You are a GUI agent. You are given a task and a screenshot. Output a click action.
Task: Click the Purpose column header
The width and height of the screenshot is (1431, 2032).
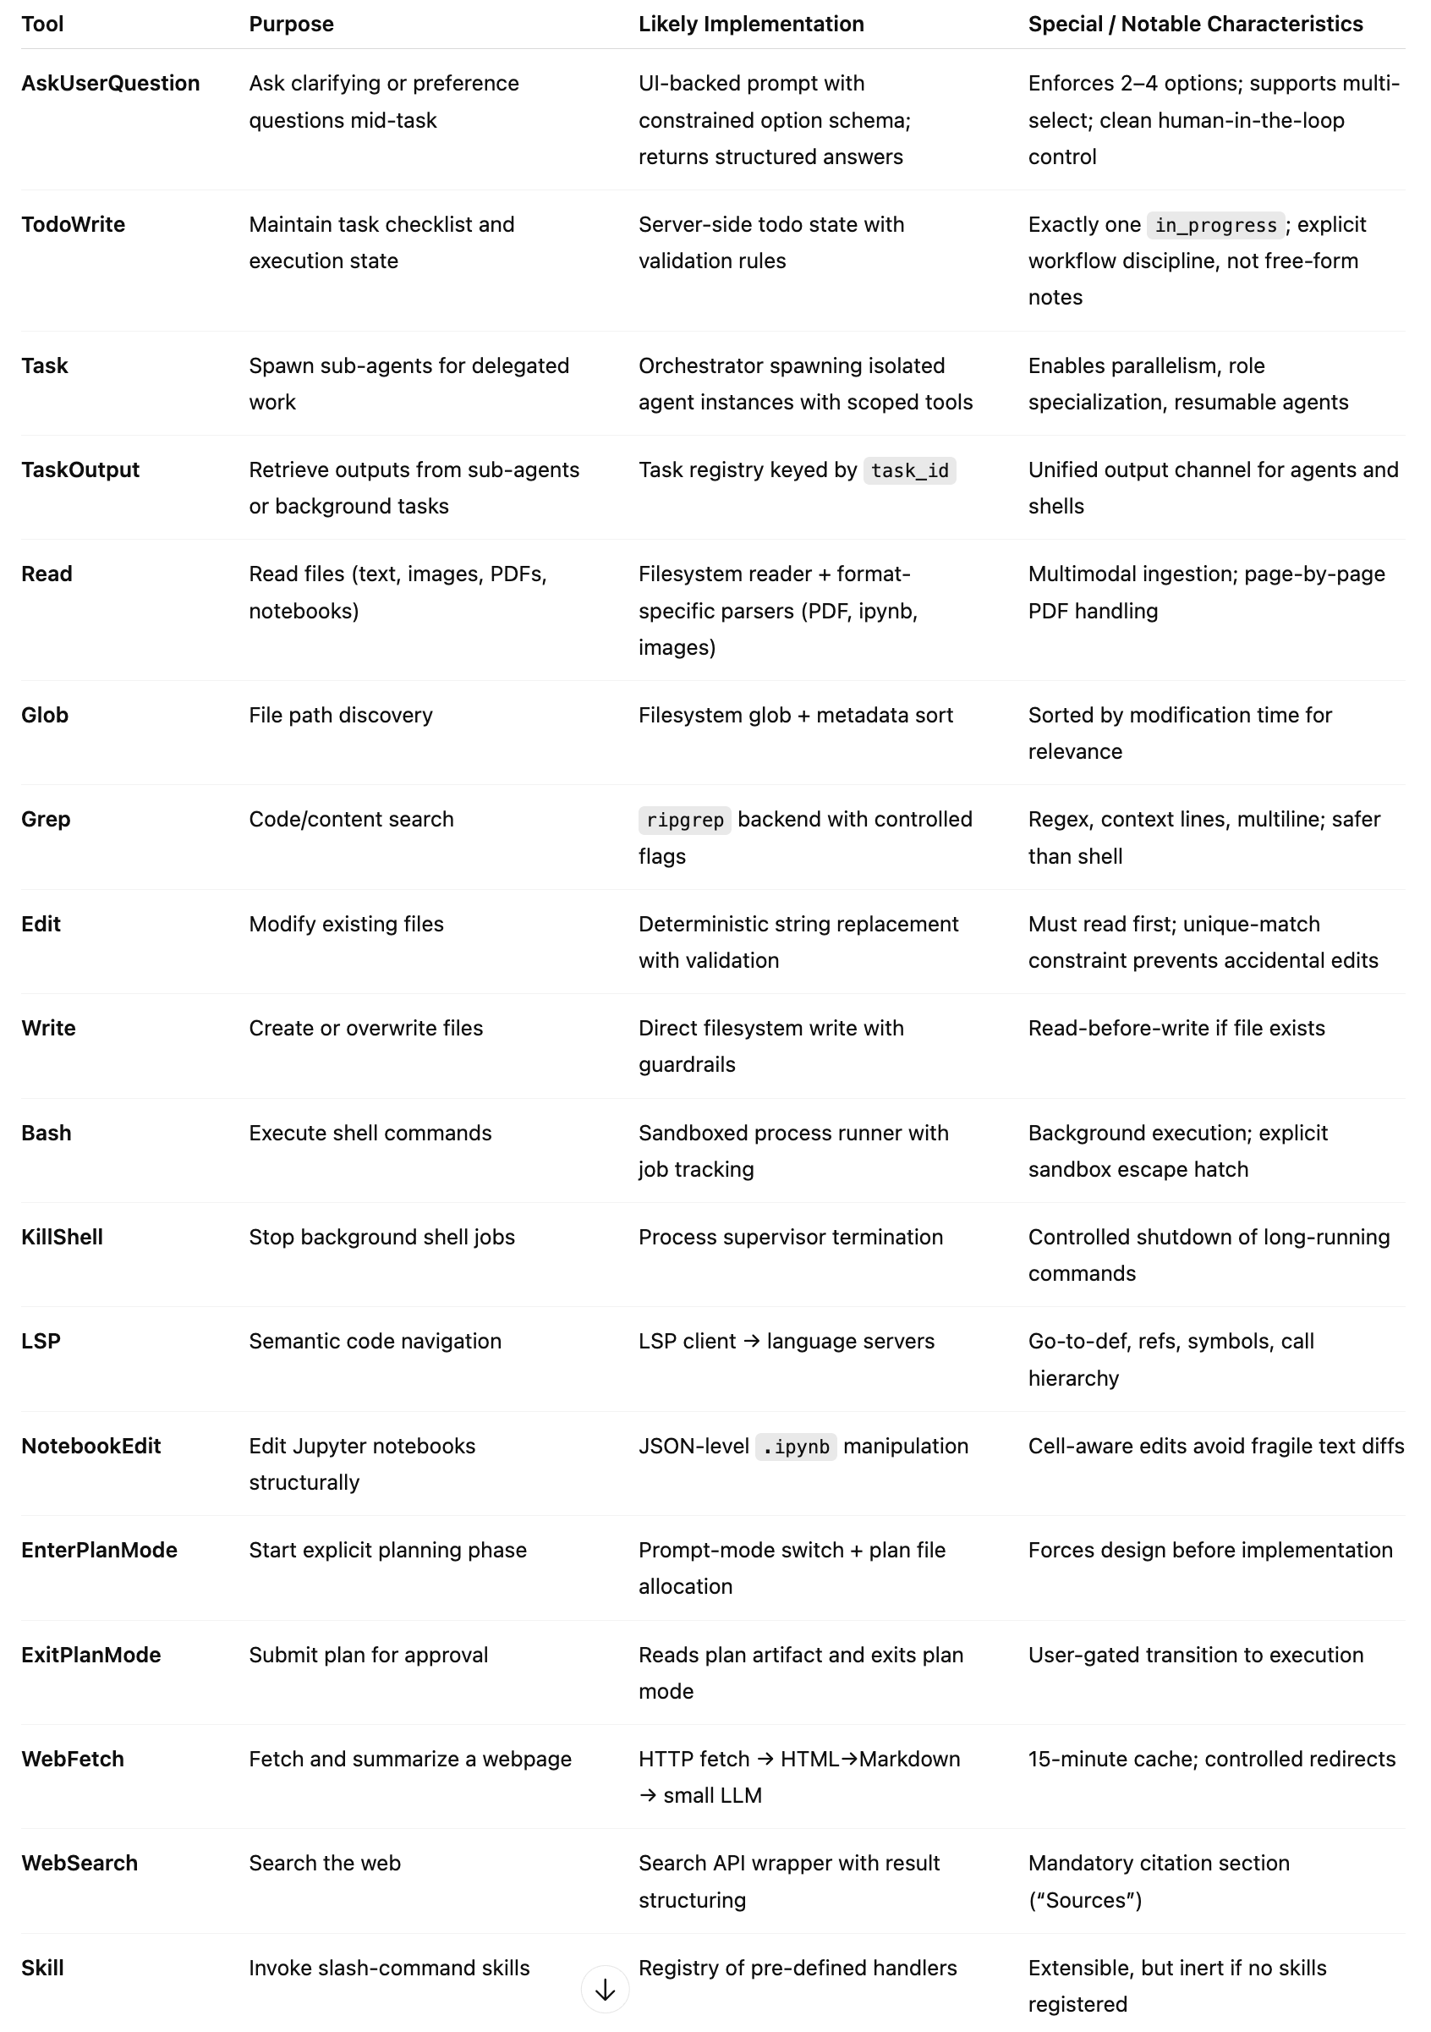(x=291, y=24)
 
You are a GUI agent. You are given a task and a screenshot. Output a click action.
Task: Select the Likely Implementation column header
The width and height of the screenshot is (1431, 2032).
(x=750, y=24)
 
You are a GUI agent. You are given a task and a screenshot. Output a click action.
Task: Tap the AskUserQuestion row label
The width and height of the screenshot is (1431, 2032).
(x=111, y=83)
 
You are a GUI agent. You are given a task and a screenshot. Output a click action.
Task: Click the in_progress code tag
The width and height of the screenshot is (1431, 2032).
(x=1215, y=225)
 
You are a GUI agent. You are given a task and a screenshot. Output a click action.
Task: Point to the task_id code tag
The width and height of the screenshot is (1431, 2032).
(x=909, y=470)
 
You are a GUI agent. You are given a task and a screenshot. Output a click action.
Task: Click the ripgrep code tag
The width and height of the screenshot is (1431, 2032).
(x=684, y=820)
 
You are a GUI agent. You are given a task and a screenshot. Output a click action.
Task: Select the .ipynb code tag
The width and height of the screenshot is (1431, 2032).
(x=795, y=1446)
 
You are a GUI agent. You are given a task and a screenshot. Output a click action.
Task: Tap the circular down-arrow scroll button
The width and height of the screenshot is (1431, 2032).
(x=606, y=1991)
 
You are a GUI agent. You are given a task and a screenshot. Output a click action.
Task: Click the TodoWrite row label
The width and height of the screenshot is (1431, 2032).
(x=74, y=225)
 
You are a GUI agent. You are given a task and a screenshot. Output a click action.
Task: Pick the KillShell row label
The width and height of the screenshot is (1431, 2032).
(x=62, y=1238)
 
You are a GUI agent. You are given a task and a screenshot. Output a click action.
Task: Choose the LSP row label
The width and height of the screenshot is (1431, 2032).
(x=41, y=1341)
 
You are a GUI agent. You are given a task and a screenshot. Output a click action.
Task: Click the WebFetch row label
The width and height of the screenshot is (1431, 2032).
(x=73, y=1759)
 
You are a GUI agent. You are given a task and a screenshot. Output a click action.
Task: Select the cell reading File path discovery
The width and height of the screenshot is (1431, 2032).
(x=341, y=715)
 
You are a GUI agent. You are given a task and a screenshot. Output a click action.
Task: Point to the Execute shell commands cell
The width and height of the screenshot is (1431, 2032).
(x=370, y=1133)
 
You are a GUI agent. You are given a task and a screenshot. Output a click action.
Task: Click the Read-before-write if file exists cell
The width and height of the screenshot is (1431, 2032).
(x=1176, y=1029)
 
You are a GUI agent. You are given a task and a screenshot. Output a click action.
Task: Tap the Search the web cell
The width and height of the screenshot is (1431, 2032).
(x=325, y=1863)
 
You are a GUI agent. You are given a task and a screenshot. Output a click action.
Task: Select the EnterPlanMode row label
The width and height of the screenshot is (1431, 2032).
(x=99, y=1550)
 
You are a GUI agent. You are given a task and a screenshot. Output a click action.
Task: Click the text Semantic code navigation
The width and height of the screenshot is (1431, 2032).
(x=376, y=1341)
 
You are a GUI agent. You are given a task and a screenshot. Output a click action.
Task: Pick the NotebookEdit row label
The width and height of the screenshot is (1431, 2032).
(x=91, y=1446)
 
